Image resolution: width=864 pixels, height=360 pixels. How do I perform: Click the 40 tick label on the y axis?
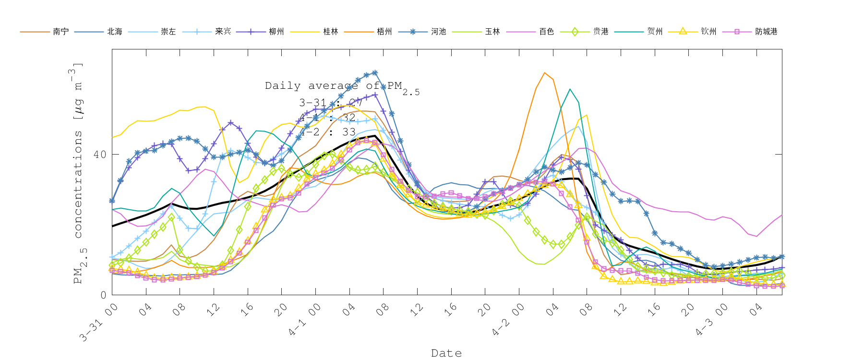coord(99,155)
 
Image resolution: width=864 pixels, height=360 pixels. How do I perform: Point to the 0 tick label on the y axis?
coord(103,295)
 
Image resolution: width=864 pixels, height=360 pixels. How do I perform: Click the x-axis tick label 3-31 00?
coord(98,323)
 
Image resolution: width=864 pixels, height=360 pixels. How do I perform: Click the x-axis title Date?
coord(446,353)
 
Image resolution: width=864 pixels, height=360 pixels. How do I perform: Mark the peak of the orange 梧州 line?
coord(544,73)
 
